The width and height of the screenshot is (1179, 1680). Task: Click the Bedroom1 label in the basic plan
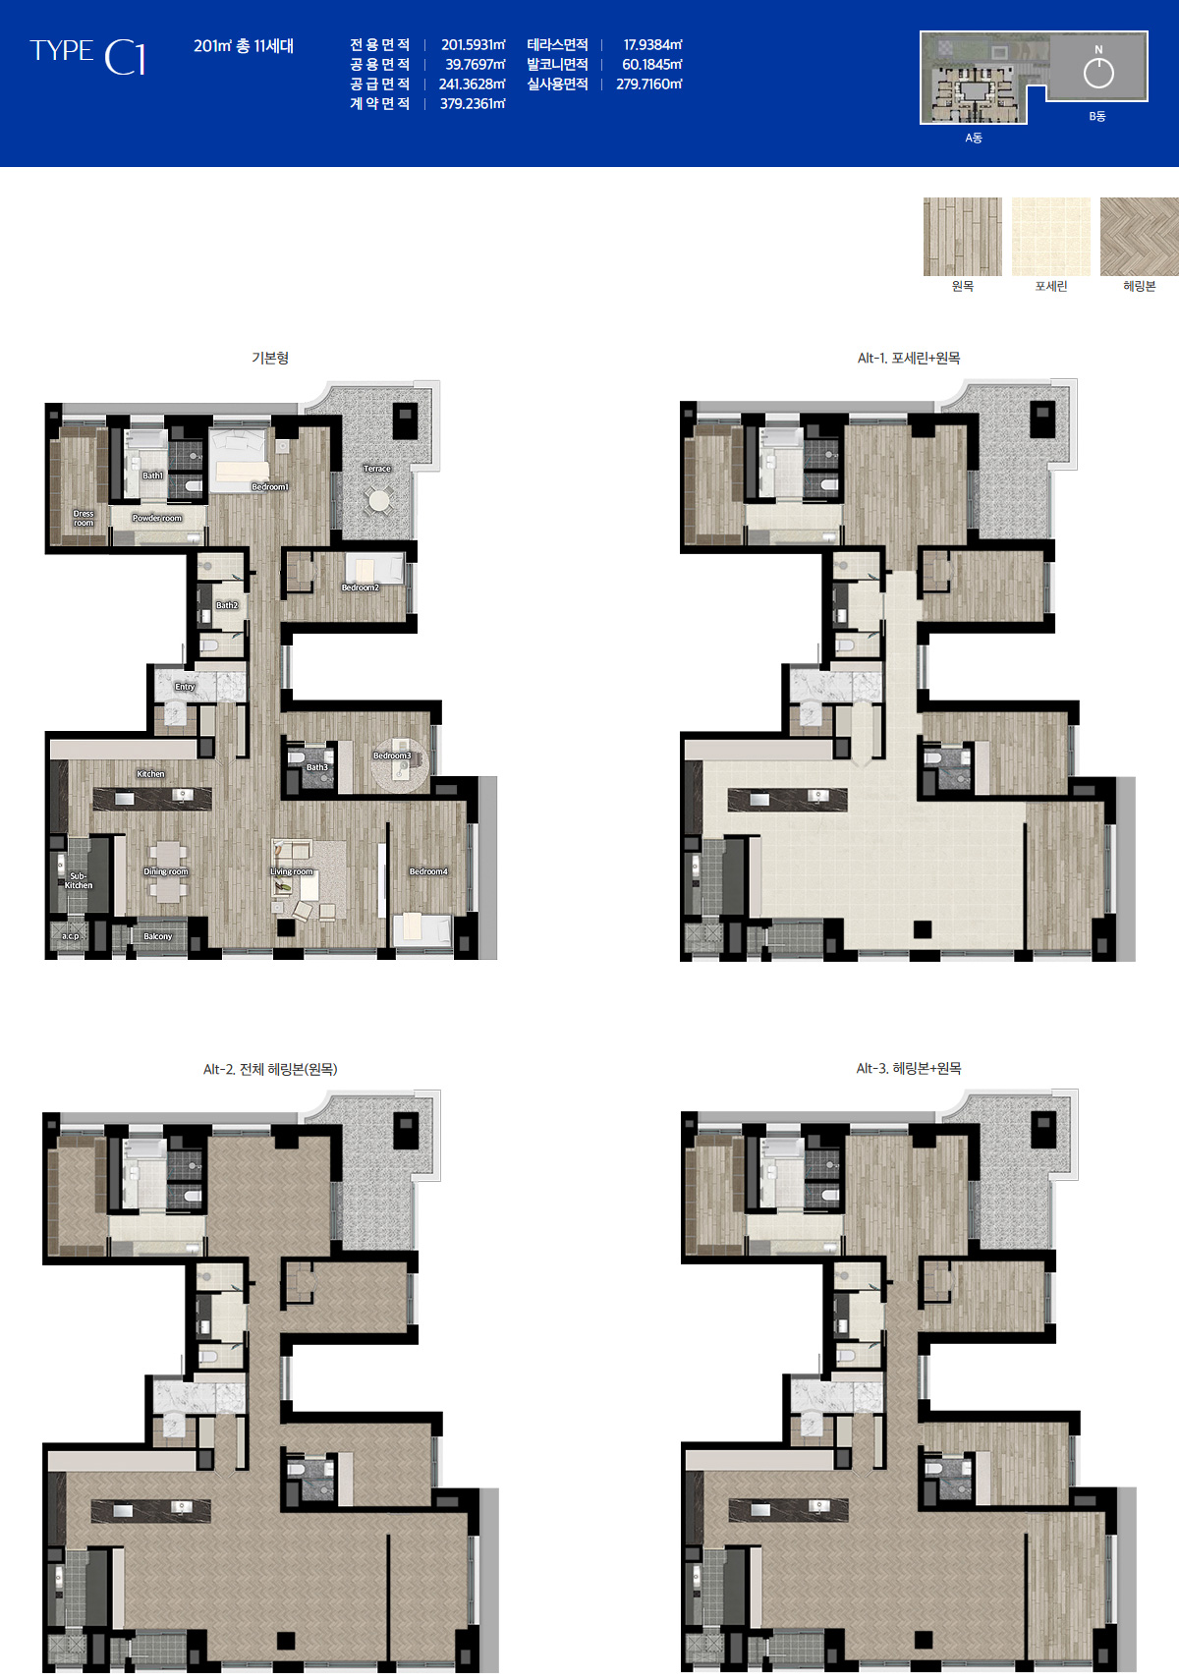269,486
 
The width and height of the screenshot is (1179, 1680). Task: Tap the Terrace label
377,469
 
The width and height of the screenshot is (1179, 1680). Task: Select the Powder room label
157,519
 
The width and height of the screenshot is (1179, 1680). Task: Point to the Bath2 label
227,605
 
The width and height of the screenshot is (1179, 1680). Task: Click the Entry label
185,687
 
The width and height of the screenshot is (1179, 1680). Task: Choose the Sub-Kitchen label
78,880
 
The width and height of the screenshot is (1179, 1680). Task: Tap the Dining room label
166,871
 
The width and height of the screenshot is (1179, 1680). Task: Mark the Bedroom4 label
428,871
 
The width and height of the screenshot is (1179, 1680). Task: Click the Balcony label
157,936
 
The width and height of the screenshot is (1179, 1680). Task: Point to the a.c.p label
70,936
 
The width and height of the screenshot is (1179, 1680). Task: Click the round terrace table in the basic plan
379,499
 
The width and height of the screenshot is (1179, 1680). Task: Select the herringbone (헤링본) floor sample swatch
1140,236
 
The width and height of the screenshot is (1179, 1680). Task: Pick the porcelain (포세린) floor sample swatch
1050,236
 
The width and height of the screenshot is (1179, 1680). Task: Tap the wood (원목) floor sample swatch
962,236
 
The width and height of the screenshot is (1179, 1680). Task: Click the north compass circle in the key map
1098,74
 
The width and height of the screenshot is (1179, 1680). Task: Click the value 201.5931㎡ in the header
473,45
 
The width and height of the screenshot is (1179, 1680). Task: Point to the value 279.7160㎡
648,84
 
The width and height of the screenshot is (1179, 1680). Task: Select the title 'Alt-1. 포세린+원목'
908,358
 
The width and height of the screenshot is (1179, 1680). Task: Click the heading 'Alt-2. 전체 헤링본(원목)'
270,1069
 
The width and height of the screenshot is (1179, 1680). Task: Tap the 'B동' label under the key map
1097,116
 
